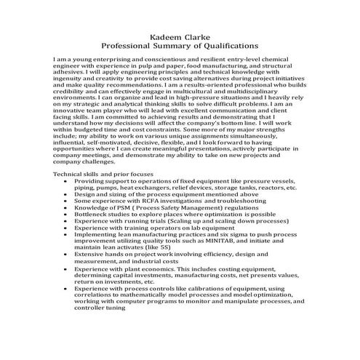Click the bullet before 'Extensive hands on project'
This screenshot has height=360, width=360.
tap(67, 257)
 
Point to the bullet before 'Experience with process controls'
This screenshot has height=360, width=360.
tap(67, 289)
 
